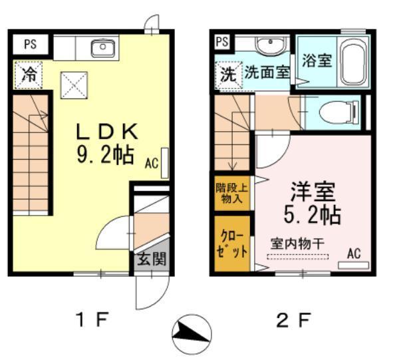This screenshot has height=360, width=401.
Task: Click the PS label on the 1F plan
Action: (30, 45)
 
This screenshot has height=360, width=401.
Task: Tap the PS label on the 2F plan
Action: (222, 41)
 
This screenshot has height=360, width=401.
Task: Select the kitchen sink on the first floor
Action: (104, 47)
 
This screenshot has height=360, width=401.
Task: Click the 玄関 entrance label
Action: (152, 259)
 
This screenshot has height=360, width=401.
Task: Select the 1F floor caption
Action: (90, 321)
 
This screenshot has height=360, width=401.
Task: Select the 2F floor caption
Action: (293, 321)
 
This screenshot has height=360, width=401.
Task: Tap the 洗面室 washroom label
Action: (266, 72)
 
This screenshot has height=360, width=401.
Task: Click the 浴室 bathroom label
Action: (316, 61)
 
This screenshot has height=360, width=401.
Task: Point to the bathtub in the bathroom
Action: (352, 62)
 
